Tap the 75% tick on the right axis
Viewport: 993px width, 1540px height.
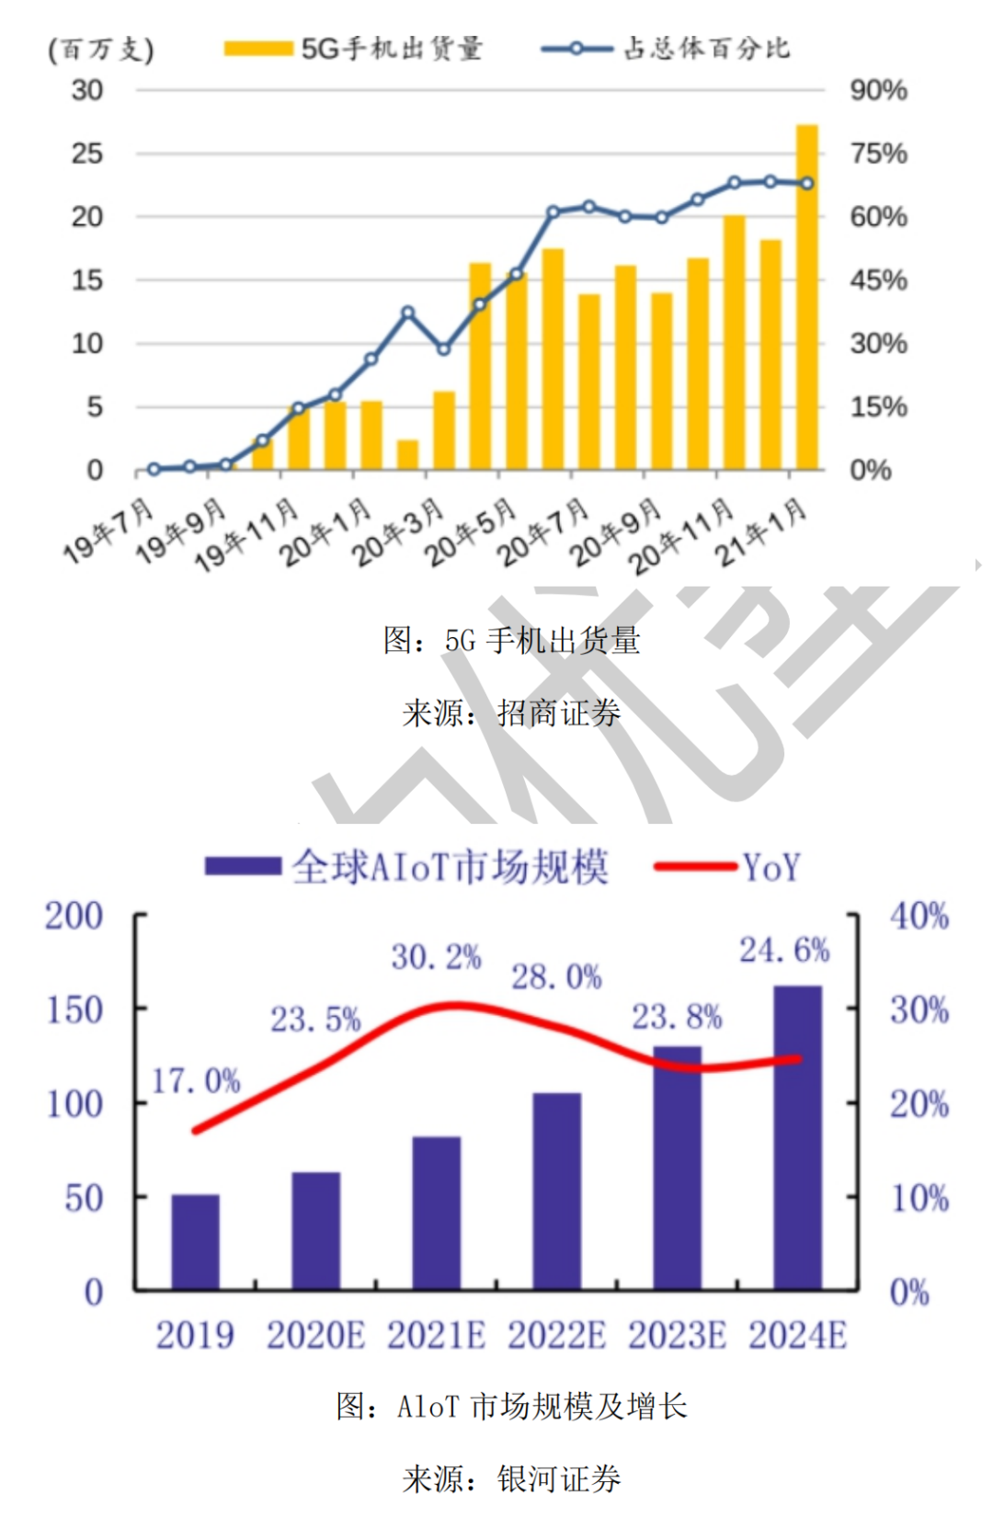point(878,154)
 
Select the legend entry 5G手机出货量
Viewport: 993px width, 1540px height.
point(354,49)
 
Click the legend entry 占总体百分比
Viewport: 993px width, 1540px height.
point(667,49)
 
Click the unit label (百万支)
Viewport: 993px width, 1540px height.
point(100,50)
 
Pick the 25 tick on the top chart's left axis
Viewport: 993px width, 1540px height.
point(87,154)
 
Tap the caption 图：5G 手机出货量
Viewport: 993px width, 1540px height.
point(511,641)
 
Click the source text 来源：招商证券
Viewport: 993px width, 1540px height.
point(511,713)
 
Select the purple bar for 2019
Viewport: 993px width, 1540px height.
point(195,1243)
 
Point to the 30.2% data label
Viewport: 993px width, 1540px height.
point(436,957)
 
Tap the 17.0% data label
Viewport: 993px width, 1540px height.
point(195,1080)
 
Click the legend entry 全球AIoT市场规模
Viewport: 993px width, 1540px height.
point(407,867)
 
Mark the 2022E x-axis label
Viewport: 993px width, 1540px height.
point(556,1335)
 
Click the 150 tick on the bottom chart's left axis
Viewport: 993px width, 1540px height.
point(74,1010)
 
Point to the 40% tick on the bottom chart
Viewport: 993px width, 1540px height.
point(919,916)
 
